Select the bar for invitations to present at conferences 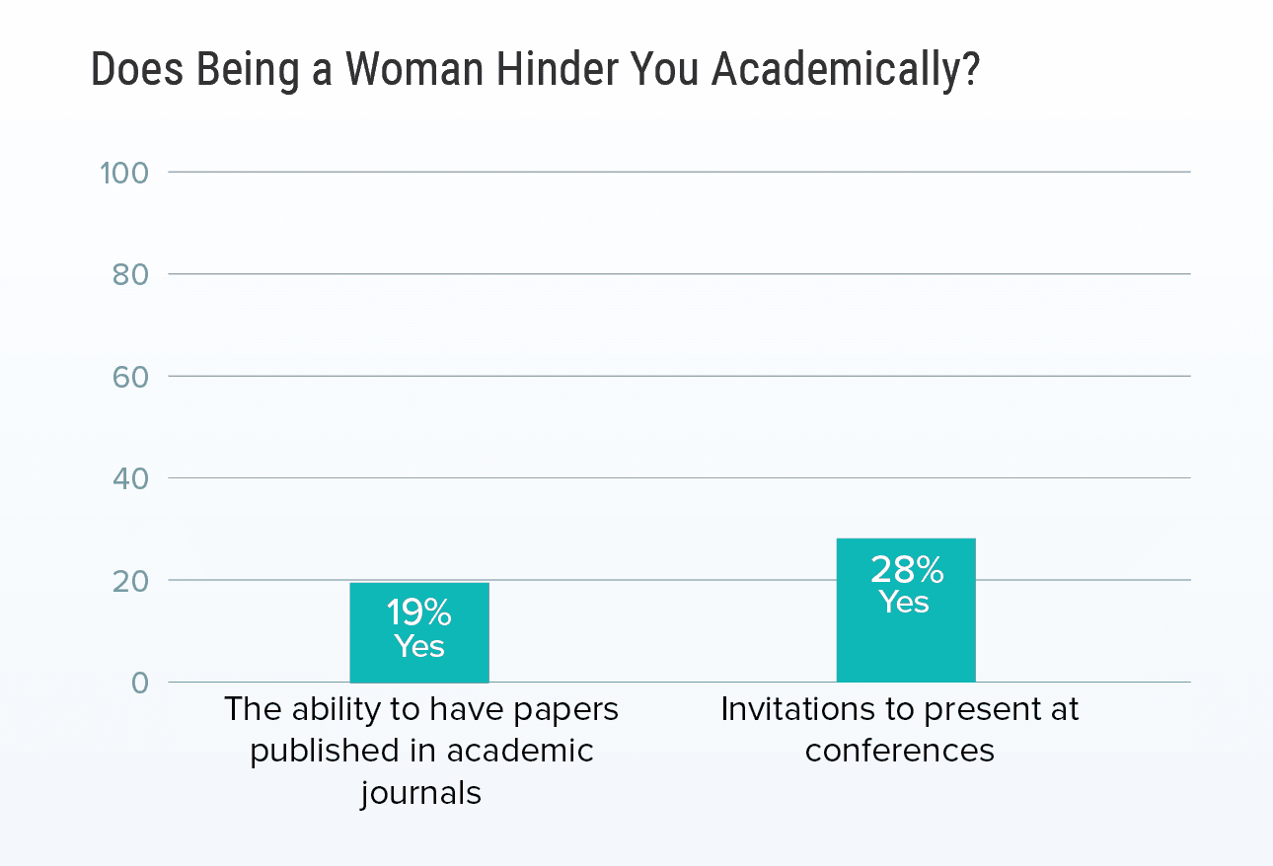click(905, 646)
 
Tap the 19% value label click(419, 613)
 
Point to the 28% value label click(906, 570)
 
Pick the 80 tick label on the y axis click(128, 274)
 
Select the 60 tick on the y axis click(128, 377)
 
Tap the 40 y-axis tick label click(128, 478)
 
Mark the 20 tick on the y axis click(128, 581)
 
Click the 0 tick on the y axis click(140, 683)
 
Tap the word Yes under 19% click(419, 646)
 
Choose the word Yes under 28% click(905, 602)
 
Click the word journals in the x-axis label click(420, 793)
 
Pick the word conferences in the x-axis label click(900, 751)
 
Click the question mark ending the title click(969, 69)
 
